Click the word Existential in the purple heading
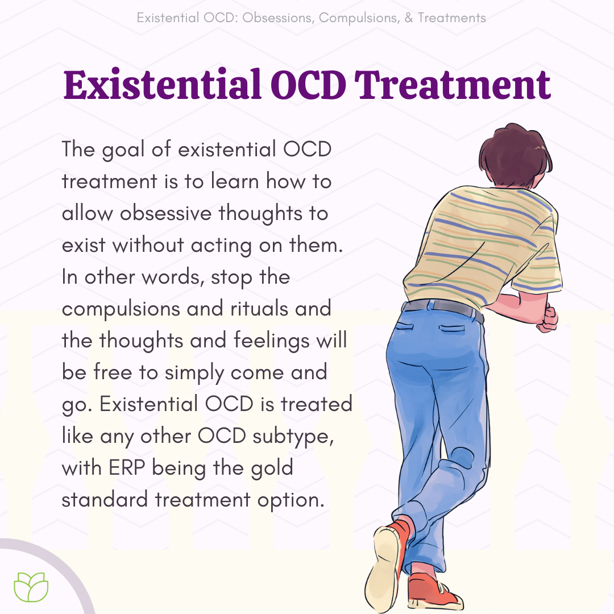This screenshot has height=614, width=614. tap(163, 84)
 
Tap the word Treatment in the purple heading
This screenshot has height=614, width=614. tap(453, 84)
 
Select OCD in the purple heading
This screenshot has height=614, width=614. tap(308, 85)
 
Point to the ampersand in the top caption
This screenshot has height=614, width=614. tap(409, 18)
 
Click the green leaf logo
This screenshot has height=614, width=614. tap(31, 587)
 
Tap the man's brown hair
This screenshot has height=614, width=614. tap(514, 155)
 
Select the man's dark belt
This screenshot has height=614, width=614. tap(442, 308)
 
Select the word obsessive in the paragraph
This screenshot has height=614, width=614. tap(165, 213)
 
